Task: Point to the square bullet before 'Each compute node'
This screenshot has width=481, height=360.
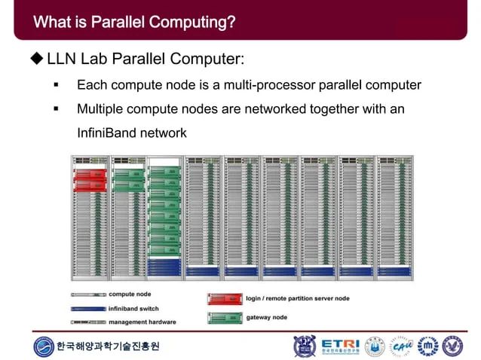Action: point(57,85)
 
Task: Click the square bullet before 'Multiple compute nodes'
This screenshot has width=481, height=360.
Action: point(57,109)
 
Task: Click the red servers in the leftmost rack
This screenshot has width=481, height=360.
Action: point(89,179)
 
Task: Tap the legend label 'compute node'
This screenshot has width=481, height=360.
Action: point(130,294)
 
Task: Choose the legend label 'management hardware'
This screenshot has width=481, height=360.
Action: point(142,322)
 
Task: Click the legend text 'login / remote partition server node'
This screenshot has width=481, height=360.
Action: point(298,298)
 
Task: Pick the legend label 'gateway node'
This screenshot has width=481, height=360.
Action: point(266,317)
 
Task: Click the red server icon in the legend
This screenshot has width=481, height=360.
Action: point(224,299)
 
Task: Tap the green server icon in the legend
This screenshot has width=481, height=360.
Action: point(224,317)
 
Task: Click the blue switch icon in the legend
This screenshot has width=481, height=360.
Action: point(88,308)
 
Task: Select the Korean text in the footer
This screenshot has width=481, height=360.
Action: point(109,347)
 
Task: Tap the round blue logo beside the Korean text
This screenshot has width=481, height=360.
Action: point(44,346)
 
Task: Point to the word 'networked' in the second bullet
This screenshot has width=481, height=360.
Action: point(250,109)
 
